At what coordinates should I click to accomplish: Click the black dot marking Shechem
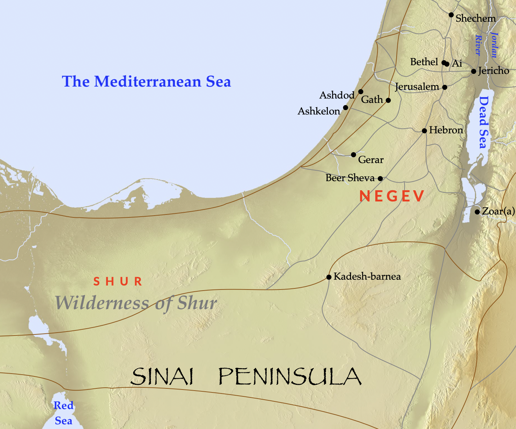451,15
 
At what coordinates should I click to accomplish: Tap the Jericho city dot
474,71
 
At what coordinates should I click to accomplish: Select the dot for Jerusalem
445,87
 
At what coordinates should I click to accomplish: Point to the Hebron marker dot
424,131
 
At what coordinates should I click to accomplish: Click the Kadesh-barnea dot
329,277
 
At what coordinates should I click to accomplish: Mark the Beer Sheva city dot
380,179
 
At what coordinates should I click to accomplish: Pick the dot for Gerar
354,155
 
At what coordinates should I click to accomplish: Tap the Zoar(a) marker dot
477,212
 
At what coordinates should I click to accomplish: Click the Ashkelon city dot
346,108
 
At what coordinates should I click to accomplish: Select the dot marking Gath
388,100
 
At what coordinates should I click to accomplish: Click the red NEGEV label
392,196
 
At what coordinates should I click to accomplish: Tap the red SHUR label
118,281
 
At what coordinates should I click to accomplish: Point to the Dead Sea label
483,122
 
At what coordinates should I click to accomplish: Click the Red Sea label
63,413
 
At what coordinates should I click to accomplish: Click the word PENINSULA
290,376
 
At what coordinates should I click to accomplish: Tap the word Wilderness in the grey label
102,303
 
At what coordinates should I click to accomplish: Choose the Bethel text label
424,62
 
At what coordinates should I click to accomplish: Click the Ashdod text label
337,95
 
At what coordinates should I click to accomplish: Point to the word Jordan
494,45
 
